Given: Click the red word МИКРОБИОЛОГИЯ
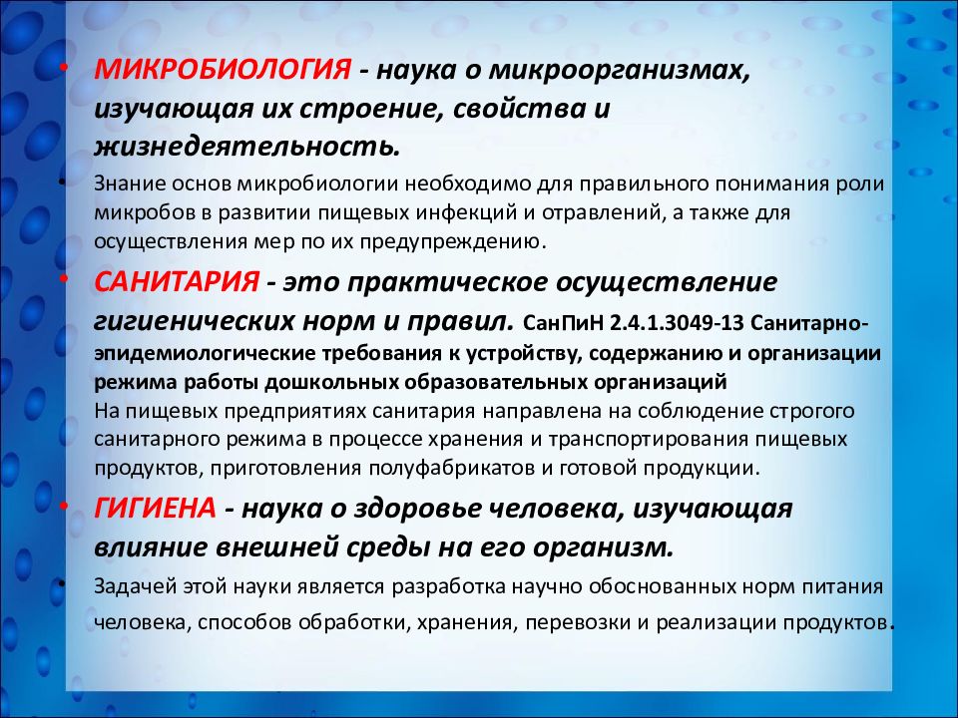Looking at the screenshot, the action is (223, 70).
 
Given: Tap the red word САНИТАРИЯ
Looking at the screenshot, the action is (177, 281).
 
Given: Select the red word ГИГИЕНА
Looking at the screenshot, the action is (156, 508).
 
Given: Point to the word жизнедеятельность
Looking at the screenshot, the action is (246, 148).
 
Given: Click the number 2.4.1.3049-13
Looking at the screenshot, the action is (676, 322).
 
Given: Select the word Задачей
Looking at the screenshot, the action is (136, 587).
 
